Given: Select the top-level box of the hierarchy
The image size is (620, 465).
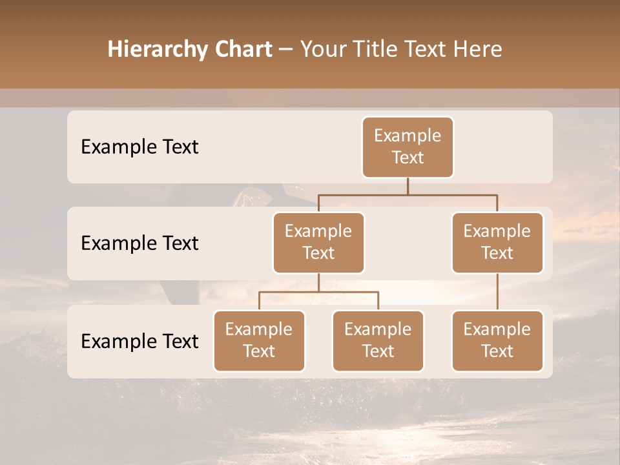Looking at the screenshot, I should click(408, 147).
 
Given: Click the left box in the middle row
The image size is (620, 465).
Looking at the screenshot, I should click(318, 243).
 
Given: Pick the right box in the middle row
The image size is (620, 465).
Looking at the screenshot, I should click(497, 243).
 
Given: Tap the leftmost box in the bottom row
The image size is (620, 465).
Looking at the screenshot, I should click(259, 341).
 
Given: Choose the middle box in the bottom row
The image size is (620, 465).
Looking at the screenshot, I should click(378, 341).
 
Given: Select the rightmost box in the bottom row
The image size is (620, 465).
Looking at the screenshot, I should click(497, 341).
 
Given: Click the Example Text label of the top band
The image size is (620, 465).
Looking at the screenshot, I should click(139, 147).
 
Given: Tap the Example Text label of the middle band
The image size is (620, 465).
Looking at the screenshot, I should click(139, 243).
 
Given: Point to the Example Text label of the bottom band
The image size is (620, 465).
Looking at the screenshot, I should click(139, 342).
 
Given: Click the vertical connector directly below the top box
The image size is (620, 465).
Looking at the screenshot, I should click(408, 186).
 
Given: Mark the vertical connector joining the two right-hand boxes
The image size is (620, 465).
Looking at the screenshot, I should click(497, 292).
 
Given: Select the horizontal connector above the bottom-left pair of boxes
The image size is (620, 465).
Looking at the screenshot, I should click(318, 292).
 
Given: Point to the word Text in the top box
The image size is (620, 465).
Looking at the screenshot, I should click(408, 158).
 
